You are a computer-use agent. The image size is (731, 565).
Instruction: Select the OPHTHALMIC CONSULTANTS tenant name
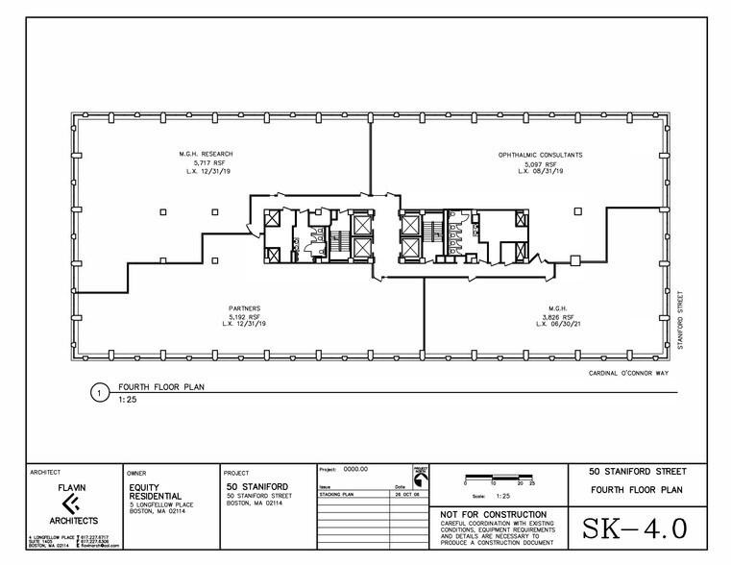541,155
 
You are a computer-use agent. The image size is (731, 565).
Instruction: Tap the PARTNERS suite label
245,308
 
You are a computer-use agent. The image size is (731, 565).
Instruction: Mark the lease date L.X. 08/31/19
541,171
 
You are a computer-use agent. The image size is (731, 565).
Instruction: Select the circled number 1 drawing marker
96,392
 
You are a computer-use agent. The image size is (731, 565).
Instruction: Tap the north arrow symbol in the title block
418,476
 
